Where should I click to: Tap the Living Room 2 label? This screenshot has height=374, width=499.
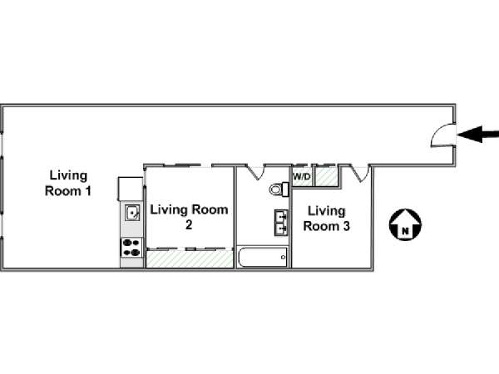pyautogui.click(x=188, y=217)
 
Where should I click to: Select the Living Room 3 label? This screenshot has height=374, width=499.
pyautogui.click(x=325, y=217)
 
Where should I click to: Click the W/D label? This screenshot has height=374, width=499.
pyautogui.click(x=301, y=176)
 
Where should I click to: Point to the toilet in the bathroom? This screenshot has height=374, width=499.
pyautogui.click(x=277, y=189)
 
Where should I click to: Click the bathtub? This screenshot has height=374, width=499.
pyautogui.click(x=263, y=257)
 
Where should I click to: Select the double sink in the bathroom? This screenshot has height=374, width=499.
pyautogui.click(x=281, y=221)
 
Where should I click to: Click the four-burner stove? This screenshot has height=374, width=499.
pyautogui.click(x=131, y=247)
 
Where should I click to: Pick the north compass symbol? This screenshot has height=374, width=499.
pyautogui.click(x=405, y=224)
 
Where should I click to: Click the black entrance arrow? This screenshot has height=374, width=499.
pyautogui.click(x=481, y=134)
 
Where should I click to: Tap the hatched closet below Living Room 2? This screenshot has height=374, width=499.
pyautogui.click(x=189, y=259)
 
